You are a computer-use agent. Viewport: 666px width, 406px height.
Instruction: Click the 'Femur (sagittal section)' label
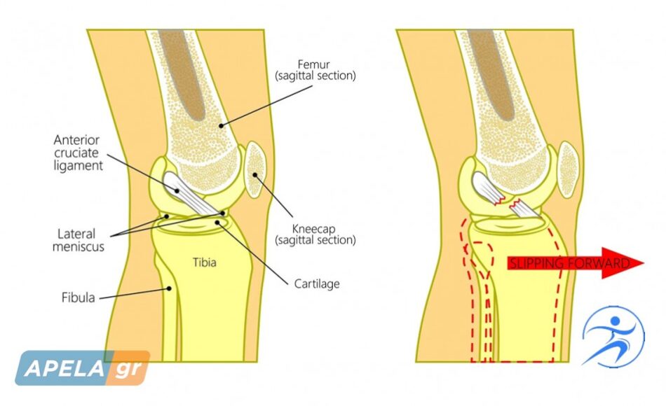click(315, 71)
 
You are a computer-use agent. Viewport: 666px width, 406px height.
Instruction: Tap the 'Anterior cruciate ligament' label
click(78, 153)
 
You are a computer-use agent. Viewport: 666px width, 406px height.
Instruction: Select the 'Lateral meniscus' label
click(78, 240)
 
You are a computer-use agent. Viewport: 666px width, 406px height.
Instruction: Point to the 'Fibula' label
click(78, 297)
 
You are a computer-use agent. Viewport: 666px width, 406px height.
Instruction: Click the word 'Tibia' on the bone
click(204, 262)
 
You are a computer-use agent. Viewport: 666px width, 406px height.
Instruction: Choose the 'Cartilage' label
click(317, 283)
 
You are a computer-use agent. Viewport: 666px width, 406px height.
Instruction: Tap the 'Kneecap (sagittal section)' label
click(315, 234)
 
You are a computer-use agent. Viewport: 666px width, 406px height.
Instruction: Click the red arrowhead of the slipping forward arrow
click(623, 263)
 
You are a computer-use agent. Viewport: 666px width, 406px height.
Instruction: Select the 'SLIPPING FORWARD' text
click(569, 263)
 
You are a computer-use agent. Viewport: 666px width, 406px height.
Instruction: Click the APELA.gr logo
click(83, 367)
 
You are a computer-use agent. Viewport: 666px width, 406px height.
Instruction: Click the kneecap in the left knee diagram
click(255, 169)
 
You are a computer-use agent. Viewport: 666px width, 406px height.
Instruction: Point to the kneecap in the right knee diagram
click(567, 169)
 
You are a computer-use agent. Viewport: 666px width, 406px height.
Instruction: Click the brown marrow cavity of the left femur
click(183, 74)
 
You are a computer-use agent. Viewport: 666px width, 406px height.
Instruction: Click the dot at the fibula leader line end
click(169, 288)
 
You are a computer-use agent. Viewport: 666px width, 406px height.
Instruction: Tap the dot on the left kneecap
click(255, 175)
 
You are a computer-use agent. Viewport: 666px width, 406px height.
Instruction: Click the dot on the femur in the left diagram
click(221, 125)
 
